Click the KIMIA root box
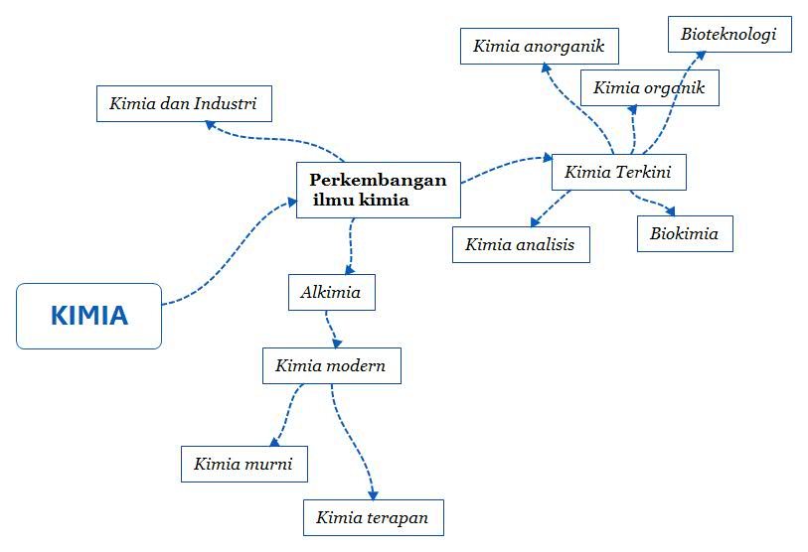tap(88, 316)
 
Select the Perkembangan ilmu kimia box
tap(379, 190)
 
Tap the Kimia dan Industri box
tap(184, 103)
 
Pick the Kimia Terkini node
tap(618, 172)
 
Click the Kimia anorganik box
tap(540, 46)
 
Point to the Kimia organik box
tap(649, 87)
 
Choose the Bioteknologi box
tap(729, 35)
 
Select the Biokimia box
tap(685, 233)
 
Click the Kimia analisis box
tap(521, 244)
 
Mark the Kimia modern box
tap(331, 365)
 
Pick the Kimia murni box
tap(243, 463)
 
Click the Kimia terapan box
tap(373, 517)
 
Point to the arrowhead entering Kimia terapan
tap(373, 494)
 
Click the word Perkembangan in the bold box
tap(378, 181)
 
